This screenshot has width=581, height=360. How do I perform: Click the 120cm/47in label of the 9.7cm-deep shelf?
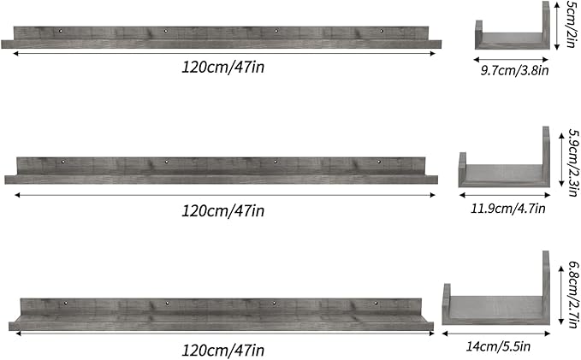222,67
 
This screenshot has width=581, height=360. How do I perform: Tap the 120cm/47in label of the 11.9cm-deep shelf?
222,210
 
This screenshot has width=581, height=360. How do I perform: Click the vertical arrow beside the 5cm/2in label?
558,26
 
